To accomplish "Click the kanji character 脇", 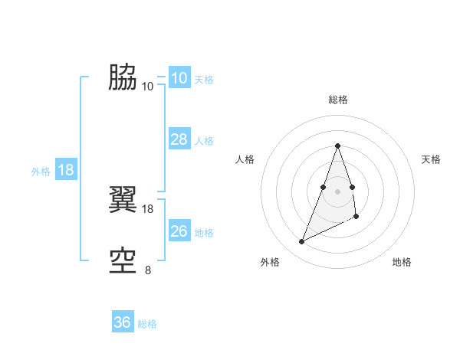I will [x=123, y=77].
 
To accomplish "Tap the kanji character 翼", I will [x=123, y=201].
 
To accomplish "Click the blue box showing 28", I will [x=179, y=139].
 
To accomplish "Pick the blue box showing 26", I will [x=179, y=231].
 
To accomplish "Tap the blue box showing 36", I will [x=123, y=322].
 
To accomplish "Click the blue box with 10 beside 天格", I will [x=179, y=78].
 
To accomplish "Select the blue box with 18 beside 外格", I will [x=66, y=170].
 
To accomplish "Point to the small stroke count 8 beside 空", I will [x=148, y=270].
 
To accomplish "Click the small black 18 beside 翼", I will [x=148, y=208].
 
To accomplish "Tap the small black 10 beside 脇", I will [x=148, y=86].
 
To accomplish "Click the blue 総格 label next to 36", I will [x=147, y=324].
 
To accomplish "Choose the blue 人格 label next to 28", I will [x=204, y=141].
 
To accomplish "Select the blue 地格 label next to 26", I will [x=204, y=233].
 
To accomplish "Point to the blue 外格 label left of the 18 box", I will [x=41, y=172].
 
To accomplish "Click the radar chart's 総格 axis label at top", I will [x=338, y=100].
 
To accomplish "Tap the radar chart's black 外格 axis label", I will [x=270, y=262].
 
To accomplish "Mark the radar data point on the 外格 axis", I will [x=302, y=242].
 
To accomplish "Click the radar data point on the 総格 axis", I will [x=338, y=146].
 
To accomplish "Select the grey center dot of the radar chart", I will [x=338, y=190].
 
